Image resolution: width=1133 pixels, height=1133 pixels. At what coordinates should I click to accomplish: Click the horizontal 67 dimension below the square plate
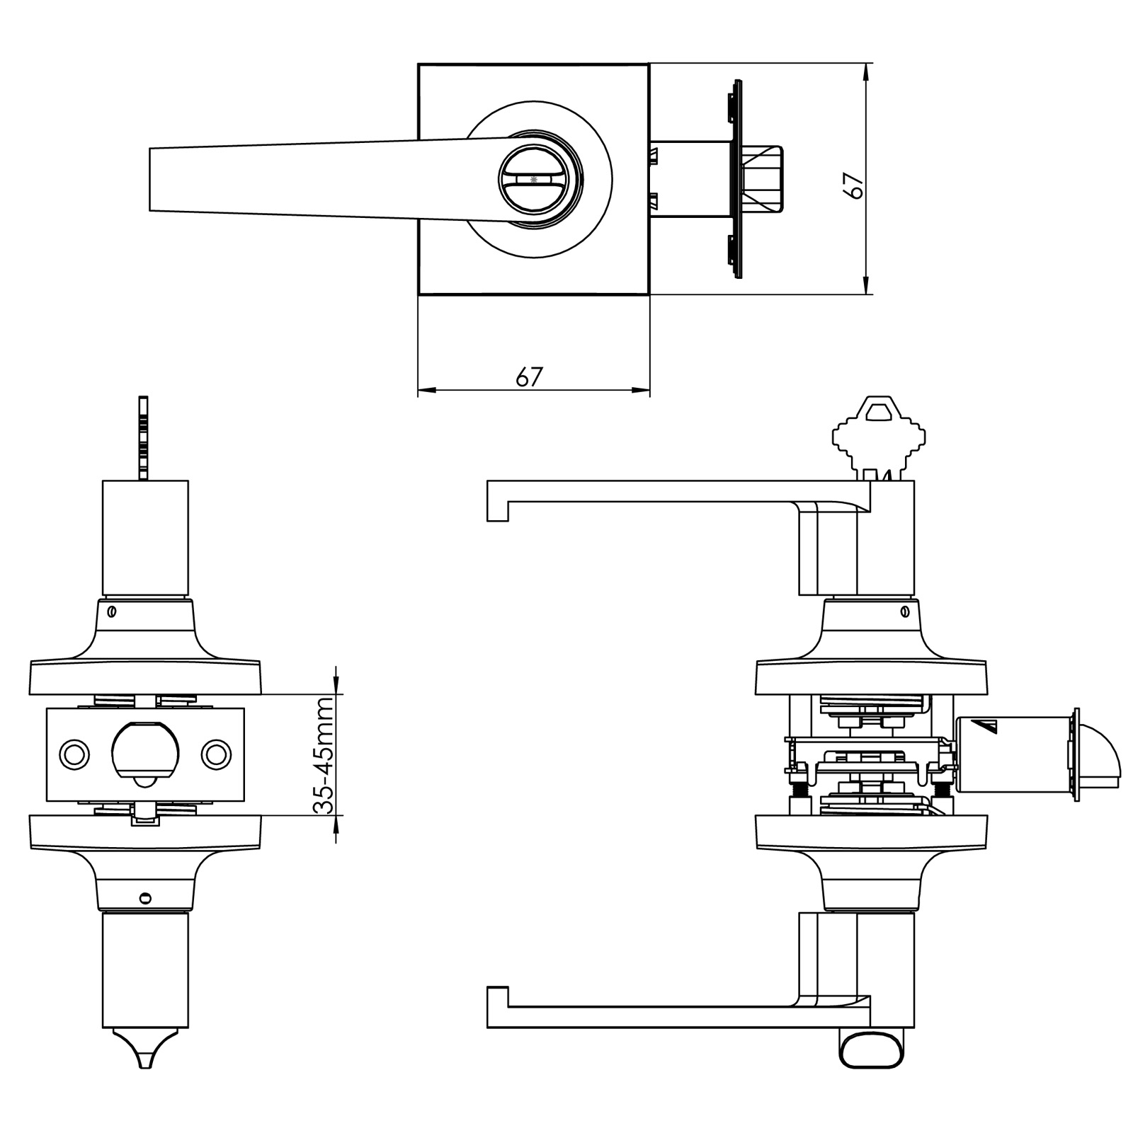(x=529, y=376)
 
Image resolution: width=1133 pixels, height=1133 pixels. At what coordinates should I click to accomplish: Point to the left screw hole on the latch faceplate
(x=73, y=754)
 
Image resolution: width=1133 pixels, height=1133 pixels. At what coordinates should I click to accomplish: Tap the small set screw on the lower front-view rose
(x=144, y=898)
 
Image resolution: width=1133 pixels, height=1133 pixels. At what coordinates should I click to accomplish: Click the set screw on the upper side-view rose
(x=904, y=611)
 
